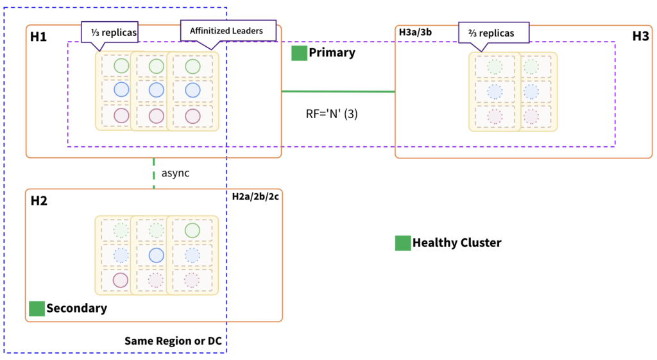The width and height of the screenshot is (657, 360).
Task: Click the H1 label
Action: click(38, 37)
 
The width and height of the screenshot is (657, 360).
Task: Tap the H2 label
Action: click(39, 201)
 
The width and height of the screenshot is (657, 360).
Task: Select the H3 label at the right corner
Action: click(640, 37)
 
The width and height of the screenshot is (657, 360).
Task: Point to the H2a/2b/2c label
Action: click(255, 196)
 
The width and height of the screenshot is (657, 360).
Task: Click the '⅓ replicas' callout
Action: click(110, 31)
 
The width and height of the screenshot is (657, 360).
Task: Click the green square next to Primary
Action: click(299, 53)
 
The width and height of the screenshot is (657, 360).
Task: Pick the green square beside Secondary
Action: click(37, 309)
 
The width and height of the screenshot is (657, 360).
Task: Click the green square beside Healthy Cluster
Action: click(402, 243)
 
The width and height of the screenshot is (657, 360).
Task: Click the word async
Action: click(175, 173)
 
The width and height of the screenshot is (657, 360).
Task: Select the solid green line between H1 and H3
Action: click(338, 92)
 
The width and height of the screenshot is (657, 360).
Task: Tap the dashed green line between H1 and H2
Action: click(154, 173)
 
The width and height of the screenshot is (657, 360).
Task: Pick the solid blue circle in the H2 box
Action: click(156, 255)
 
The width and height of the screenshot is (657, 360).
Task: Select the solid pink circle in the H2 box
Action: click(121, 280)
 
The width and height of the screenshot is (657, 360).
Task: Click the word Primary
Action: click(332, 53)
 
